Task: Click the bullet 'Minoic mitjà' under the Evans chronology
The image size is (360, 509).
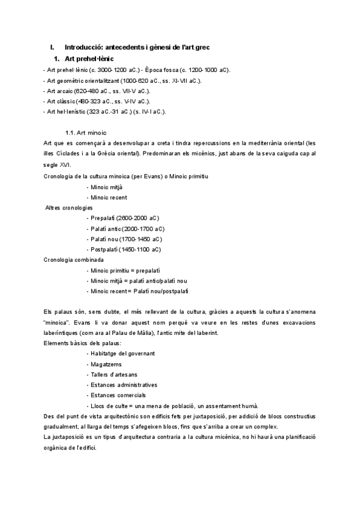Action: tap(107, 187)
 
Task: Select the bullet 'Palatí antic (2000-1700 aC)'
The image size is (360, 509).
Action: tap(125, 229)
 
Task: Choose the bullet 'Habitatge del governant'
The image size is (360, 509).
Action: tap(121, 353)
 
